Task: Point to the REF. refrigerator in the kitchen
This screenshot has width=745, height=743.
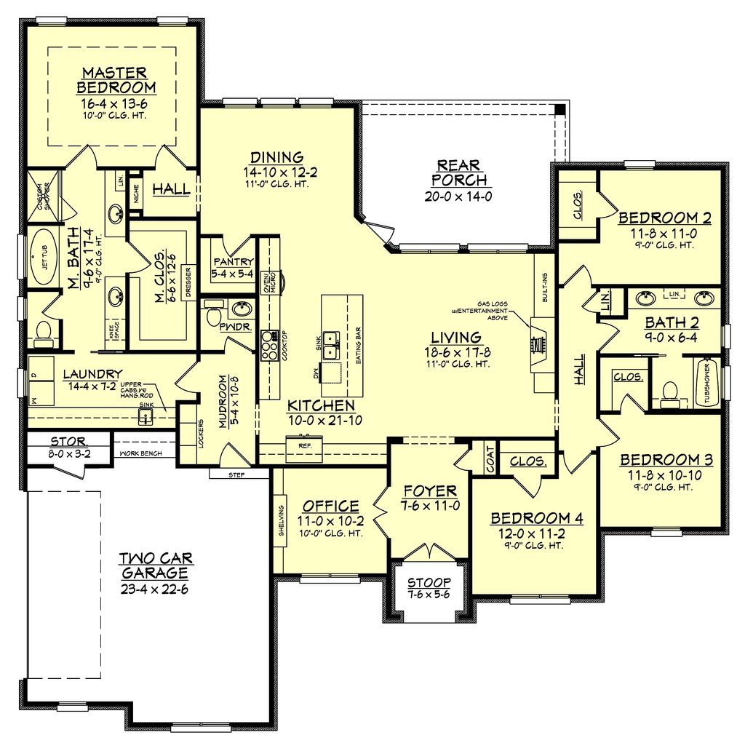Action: point(300,448)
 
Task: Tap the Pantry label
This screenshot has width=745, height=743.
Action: point(233,262)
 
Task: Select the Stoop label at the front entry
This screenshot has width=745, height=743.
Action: point(429,582)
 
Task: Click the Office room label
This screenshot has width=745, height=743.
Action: point(331,506)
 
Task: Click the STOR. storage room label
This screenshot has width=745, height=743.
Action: point(69,442)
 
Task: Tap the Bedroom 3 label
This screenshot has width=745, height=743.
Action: point(666,460)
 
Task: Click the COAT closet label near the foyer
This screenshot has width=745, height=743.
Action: point(491,459)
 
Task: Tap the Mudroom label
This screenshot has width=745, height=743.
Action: point(224,402)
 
